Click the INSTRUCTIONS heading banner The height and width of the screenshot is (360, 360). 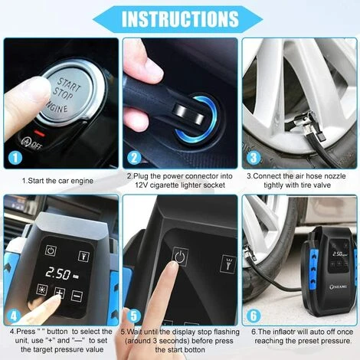tap(179, 18)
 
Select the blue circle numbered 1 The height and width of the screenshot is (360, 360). tap(14, 159)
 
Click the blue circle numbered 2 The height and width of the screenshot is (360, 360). tap(134, 159)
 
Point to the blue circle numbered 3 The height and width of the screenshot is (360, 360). tap(252, 159)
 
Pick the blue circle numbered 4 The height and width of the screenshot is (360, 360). tap(14, 313)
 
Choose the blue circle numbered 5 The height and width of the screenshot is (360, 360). tap(133, 313)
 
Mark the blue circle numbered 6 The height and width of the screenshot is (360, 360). tap(252, 313)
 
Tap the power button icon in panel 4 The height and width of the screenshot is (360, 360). tap(51, 250)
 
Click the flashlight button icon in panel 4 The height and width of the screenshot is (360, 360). tap(83, 254)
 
